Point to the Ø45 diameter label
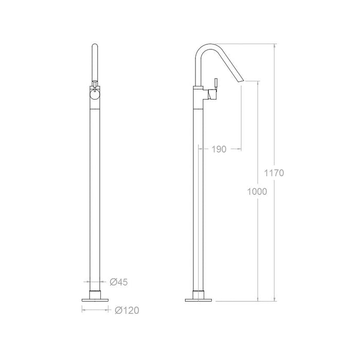point(119,281)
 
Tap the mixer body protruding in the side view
point(213,94)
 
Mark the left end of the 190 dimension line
point(199,149)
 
